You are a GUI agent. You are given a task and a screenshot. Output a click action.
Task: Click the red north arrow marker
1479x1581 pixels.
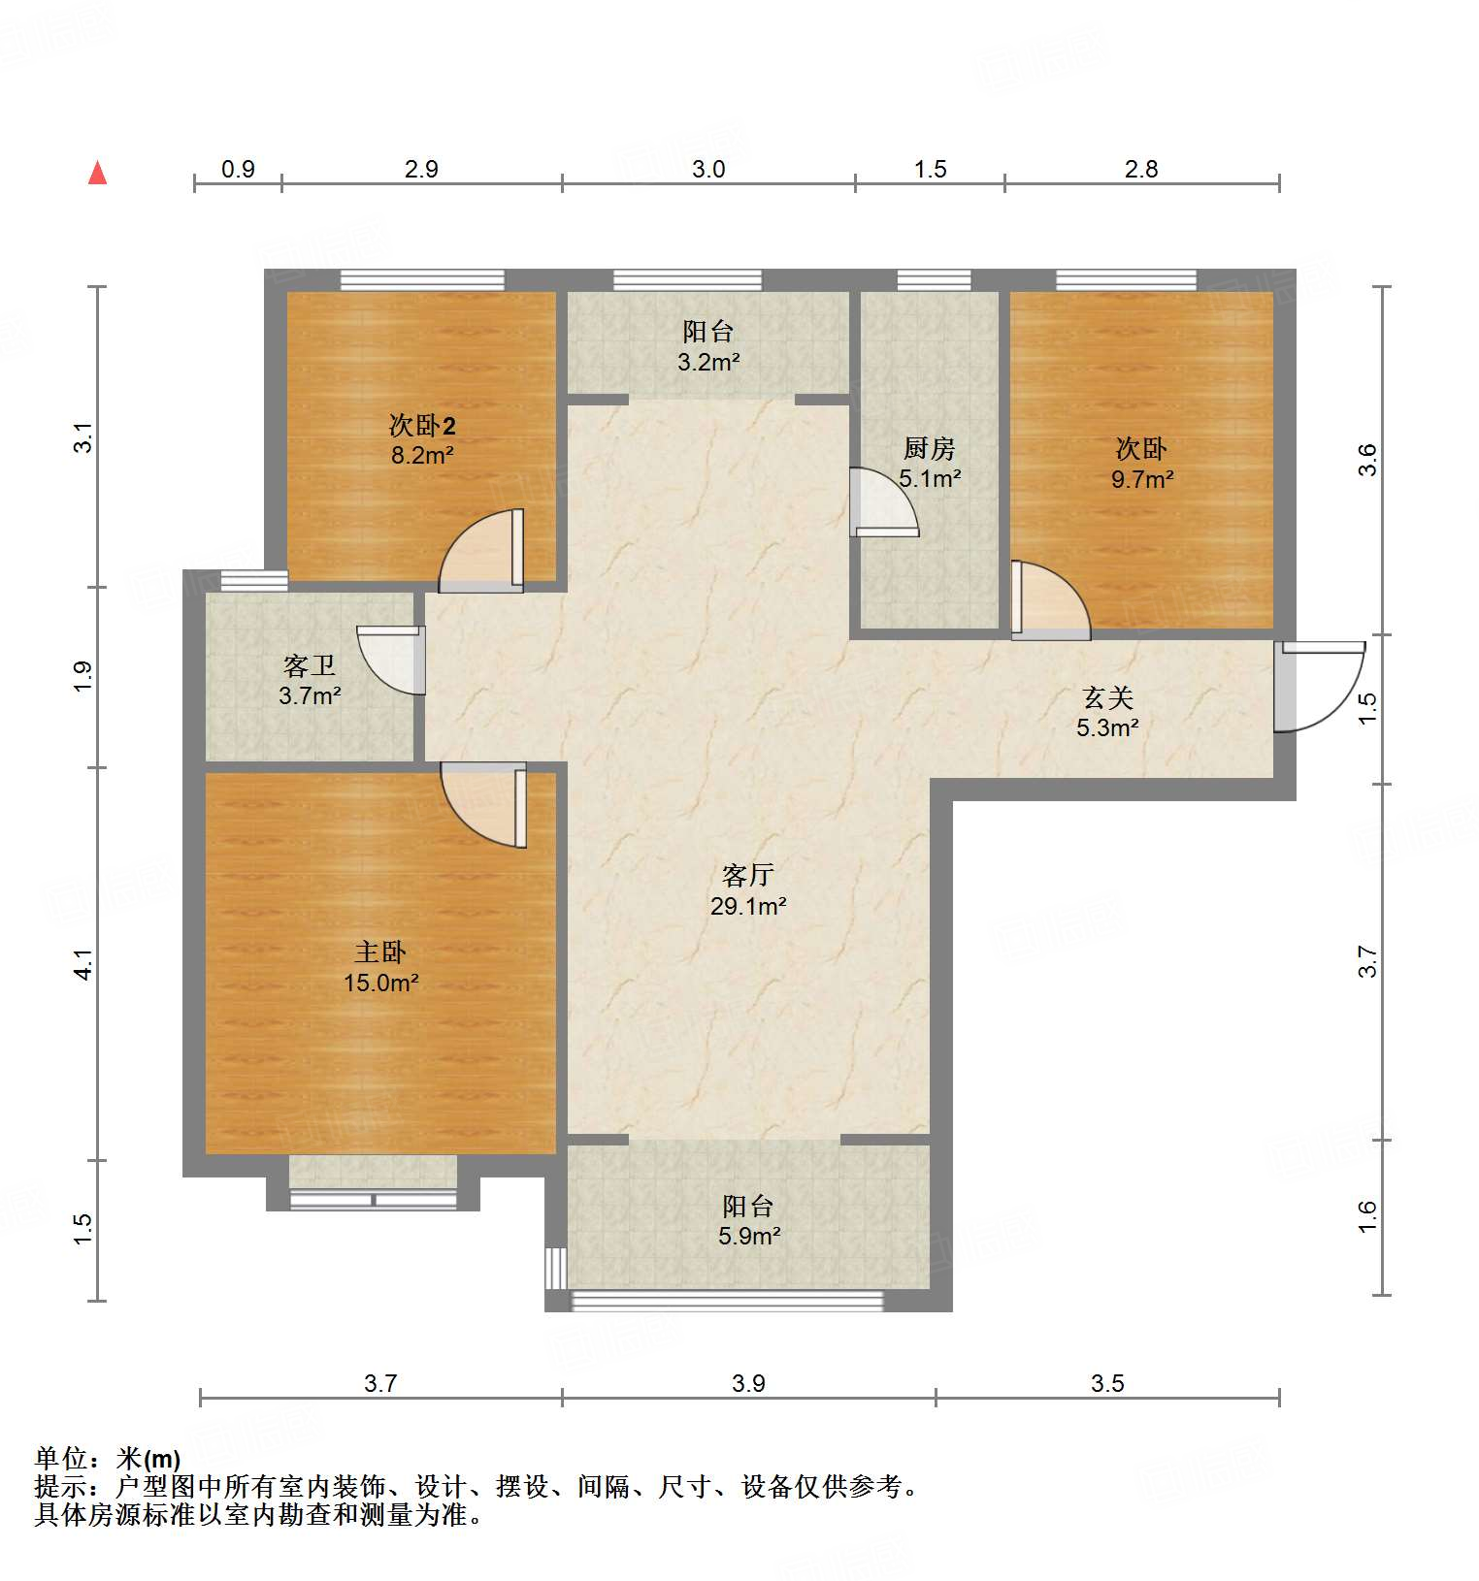tap(97, 173)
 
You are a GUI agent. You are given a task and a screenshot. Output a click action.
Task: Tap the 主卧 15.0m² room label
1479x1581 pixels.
tap(380, 967)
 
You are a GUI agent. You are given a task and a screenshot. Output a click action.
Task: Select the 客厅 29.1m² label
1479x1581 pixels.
tap(747, 890)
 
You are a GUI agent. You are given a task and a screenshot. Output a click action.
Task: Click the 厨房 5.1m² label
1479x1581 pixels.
tap(929, 463)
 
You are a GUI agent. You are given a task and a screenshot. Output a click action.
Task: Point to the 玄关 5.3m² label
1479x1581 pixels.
tap(1107, 712)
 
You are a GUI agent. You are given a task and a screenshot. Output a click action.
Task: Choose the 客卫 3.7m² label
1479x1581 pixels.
tap(310, 680)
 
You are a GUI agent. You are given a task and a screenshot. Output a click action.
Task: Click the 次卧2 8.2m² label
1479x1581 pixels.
tap(422, 439)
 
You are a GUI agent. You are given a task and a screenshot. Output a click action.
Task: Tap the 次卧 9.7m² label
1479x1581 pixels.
tap(1141, 463)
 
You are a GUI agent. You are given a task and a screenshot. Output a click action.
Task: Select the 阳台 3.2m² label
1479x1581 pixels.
tap(708, 346)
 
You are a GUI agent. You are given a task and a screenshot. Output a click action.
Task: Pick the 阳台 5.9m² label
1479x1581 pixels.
tap(748, 1220)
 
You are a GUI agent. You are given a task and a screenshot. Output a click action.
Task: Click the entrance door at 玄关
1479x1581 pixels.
tap(1315, 686)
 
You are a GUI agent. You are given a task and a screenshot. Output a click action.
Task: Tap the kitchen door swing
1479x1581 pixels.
tap(881, 502)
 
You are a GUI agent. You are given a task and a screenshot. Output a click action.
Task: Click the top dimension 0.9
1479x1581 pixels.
tap(238, 170)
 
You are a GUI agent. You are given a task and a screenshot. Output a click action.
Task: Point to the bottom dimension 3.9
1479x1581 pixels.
tap(748, 1383)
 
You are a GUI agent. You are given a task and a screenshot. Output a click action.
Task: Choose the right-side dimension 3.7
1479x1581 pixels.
tap(1366, 961)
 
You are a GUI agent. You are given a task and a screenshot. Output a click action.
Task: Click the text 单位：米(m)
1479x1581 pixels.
tap(108, 1459)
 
